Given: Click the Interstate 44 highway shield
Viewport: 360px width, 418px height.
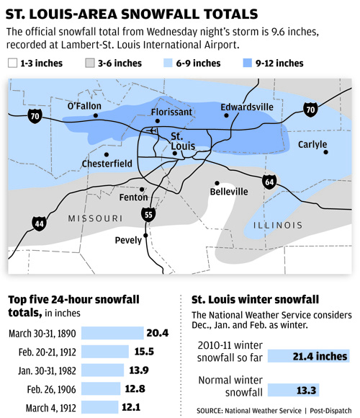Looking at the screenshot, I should pos(38,224).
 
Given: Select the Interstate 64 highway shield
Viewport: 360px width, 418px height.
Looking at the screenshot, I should pos(269,180).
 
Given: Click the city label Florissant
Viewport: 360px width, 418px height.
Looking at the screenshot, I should pos(171,112).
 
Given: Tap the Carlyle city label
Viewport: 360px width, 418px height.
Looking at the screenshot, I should pos(312,144).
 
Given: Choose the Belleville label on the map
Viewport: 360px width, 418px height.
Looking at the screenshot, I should pos(229,192).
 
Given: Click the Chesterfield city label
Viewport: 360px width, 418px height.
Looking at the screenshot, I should pos(107,164).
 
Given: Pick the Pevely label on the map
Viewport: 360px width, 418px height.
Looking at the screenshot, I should pos(128,240).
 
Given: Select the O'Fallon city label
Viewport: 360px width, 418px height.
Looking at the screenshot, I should pos(84,106).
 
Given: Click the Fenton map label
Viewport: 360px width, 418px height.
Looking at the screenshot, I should pos(133,197).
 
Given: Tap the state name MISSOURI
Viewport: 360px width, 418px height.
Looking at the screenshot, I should pos(94,218).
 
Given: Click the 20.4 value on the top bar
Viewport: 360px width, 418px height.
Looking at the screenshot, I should pos(158,332).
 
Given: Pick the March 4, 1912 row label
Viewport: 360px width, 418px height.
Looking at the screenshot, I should pos(52,407).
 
